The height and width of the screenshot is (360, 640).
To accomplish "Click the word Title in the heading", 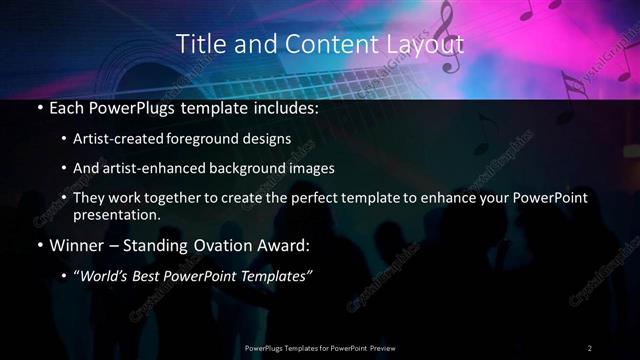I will (x=200, y=44).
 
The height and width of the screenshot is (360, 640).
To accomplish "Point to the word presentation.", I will (x=116, y=214).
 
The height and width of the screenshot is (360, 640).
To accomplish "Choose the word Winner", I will (x=76, y=245).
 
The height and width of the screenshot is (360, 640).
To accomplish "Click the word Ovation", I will (x=208, y=245).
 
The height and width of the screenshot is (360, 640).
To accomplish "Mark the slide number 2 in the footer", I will (x=590, y=347).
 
